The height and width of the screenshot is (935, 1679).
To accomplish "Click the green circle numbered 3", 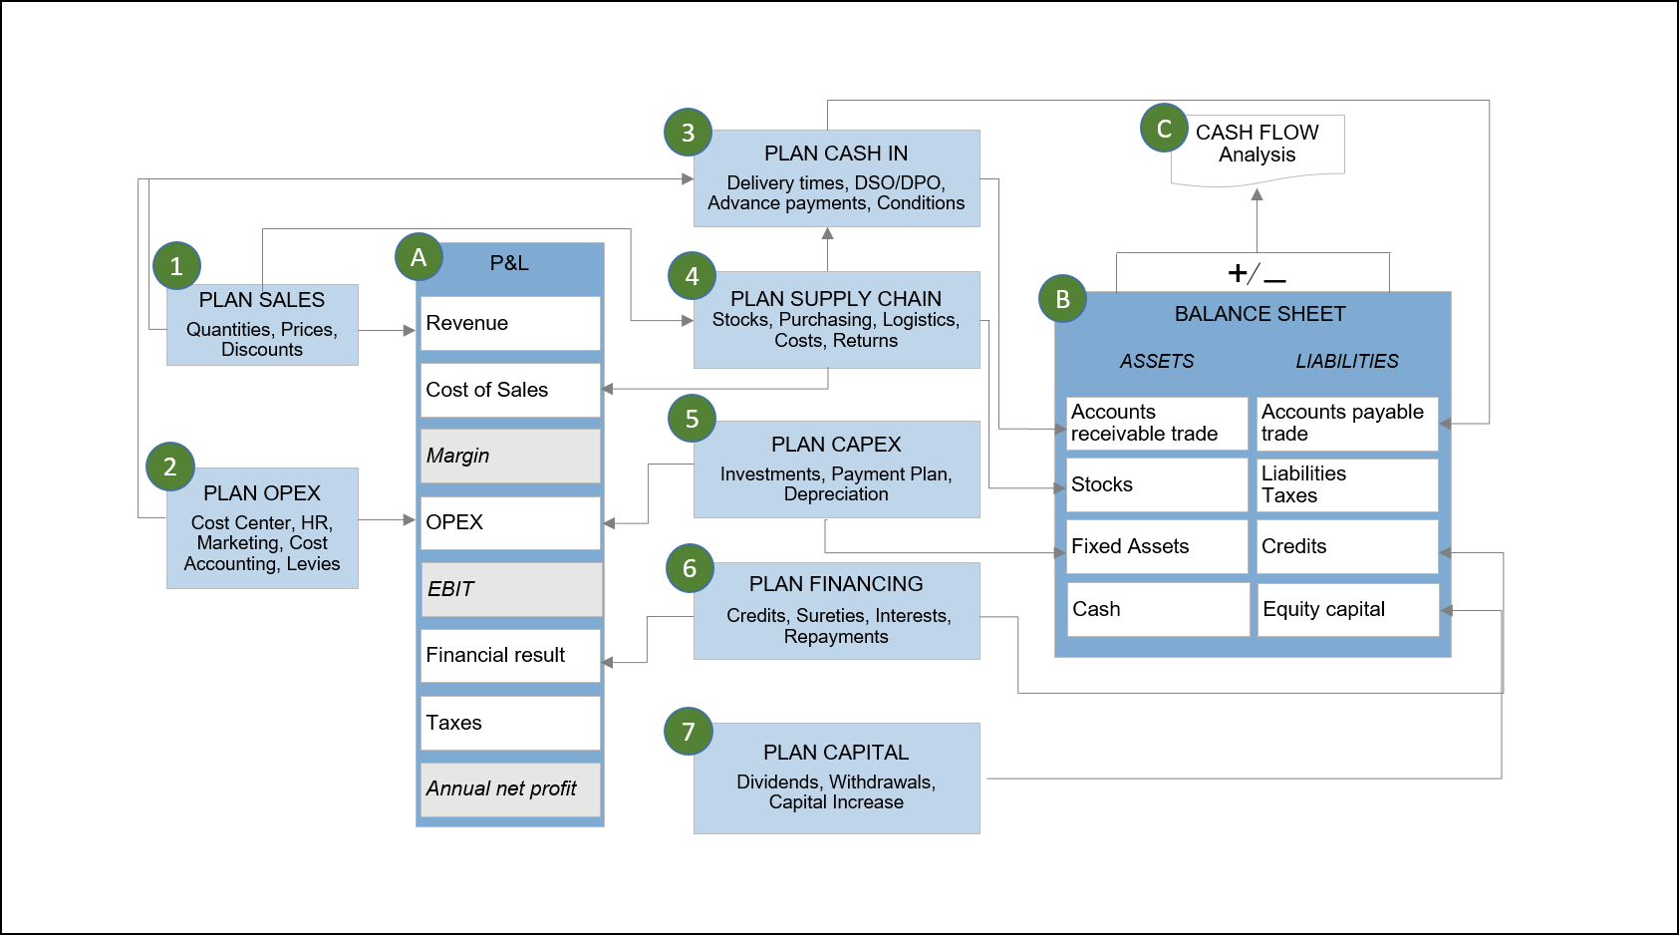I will point(688,133).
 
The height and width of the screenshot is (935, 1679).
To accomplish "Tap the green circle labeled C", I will point(1164,129).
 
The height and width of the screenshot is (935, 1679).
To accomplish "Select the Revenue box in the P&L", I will point(510,323).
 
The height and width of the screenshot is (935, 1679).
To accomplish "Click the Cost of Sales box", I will point(510,390).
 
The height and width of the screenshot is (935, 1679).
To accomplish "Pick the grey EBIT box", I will point(510,589).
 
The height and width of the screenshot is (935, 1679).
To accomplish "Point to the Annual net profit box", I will point(510,788).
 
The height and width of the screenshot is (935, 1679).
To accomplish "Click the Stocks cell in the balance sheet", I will point(1156,484).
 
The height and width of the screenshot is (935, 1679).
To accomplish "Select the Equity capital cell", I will point(1347,609).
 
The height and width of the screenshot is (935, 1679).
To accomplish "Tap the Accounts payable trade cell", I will point(1347,423).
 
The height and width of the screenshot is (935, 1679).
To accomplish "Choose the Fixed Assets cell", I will point(1156,546).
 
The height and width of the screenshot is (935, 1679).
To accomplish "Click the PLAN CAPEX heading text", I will point(836,445).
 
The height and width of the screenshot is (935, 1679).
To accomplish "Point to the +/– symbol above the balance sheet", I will point(1256,273).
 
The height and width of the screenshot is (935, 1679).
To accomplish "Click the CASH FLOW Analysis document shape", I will point(1258,147).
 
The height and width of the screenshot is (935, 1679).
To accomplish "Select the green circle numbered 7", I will point(688,732).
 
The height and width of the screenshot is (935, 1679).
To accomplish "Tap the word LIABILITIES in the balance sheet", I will point(1347,361).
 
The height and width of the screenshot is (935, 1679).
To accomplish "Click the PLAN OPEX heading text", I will point(262,493).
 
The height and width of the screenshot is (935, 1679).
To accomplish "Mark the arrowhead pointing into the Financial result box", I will point(608,662).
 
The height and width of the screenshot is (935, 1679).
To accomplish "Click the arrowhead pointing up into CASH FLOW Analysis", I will point(1257,194).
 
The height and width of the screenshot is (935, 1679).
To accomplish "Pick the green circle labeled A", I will point(419,258).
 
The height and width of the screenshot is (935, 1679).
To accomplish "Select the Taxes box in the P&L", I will point(510,723).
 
